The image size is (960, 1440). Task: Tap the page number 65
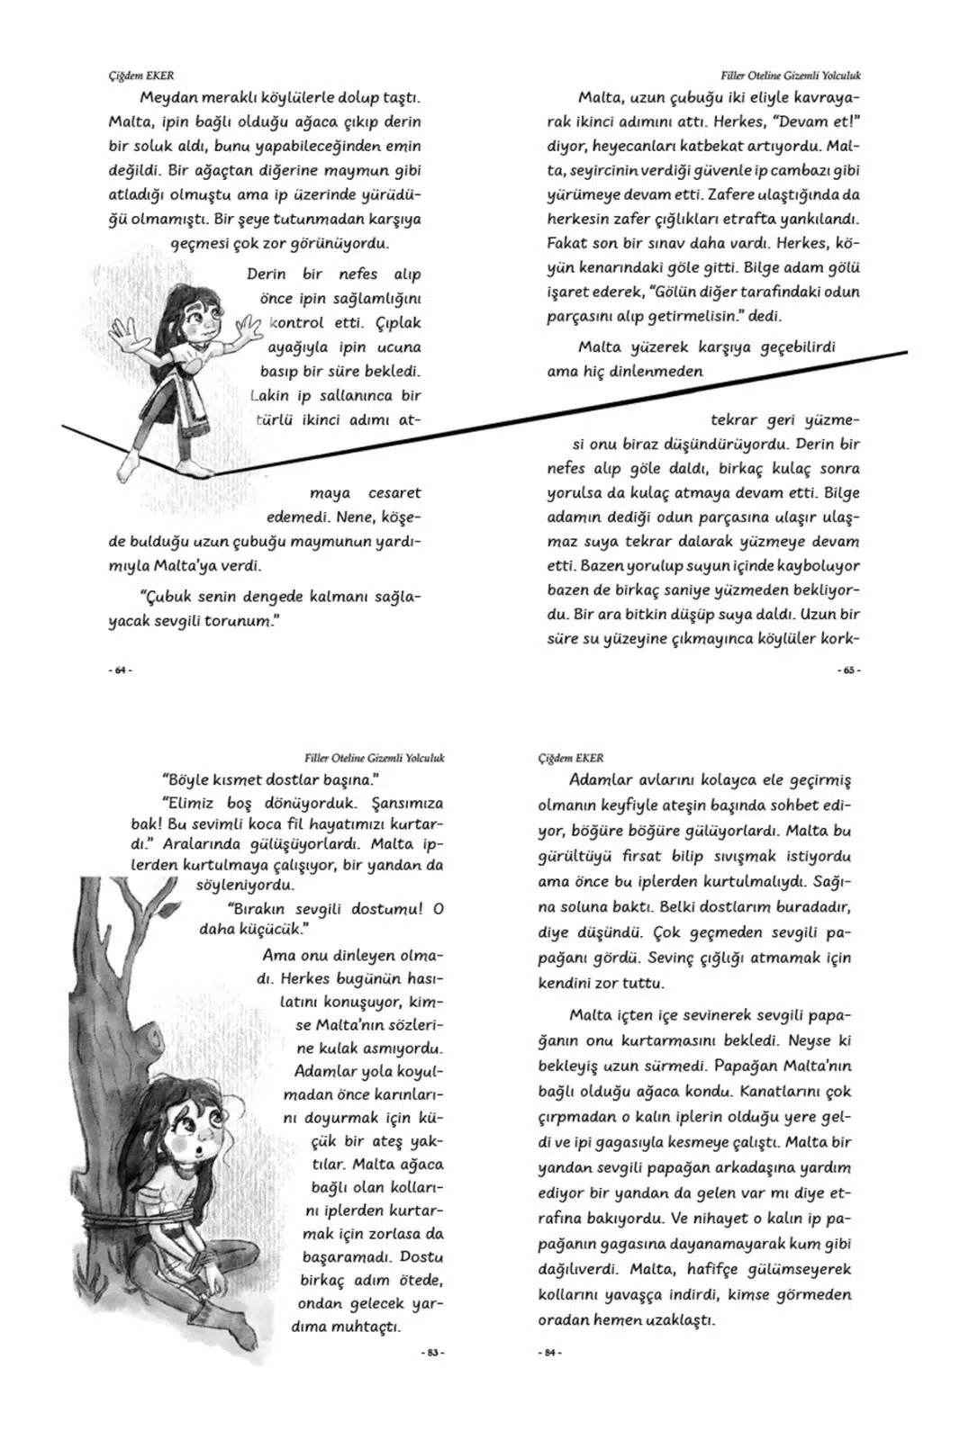coord(849,670)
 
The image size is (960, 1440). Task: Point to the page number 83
coord(433,1353)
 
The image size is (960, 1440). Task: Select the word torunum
coord(237,621)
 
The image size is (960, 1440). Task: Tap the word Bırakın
coord(255,909)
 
